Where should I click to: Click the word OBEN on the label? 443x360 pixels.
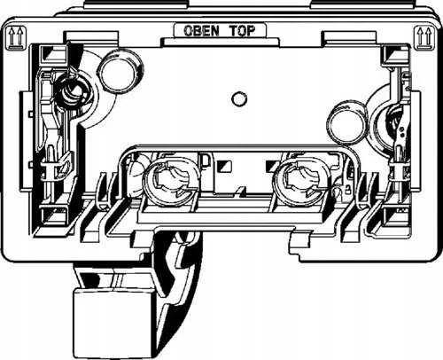point(201,30)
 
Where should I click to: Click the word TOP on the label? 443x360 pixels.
point(242,30)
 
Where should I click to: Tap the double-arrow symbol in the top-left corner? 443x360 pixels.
point(15,37)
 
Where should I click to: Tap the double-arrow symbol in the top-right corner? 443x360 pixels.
point(424,37)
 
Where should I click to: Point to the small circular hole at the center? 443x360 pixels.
point(238,99)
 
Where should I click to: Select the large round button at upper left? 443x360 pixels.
point(119,71)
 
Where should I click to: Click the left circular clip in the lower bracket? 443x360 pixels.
point(171,181)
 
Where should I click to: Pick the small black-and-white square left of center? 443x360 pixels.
point(224,167)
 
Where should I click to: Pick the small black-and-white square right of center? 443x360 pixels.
point(274,167)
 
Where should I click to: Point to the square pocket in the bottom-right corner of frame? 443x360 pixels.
point(395,216)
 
